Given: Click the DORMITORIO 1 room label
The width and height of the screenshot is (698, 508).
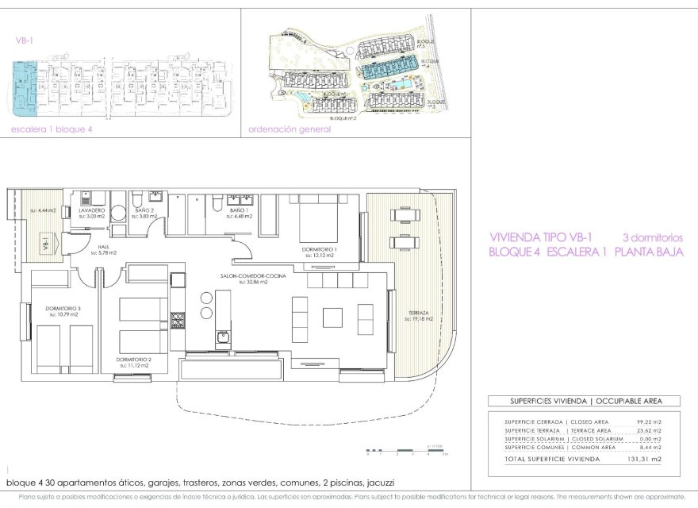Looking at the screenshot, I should tap(320, 248).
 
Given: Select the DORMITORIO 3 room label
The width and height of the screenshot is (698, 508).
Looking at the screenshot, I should tap(64, 308).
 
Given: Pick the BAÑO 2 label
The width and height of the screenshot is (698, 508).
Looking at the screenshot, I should tap(144, 210).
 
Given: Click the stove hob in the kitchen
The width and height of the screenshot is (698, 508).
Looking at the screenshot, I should tap(178, 321).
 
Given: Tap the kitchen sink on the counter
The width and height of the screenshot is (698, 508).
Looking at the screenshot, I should tap(223, 337).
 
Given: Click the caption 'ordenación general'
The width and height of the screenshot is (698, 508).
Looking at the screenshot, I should tap(290, 129).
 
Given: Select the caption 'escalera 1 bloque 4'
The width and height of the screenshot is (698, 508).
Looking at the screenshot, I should tap(47, 129).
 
